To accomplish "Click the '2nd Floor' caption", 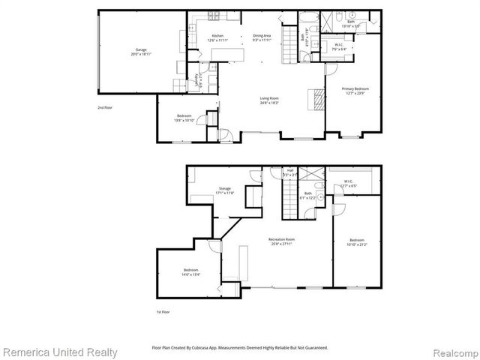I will click(x=105, y=107).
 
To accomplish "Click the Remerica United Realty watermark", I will click(x=59, y=351).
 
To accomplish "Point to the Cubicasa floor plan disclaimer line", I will click(x=240, y=347).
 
